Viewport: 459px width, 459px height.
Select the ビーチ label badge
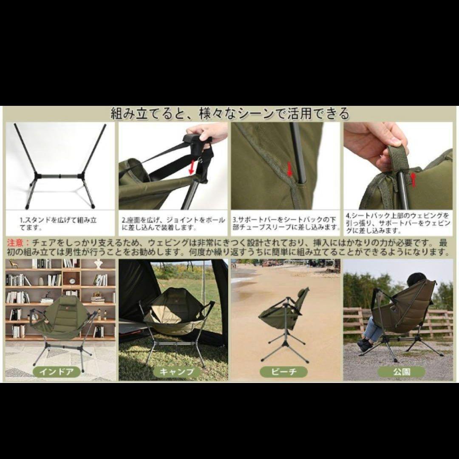[284, 372]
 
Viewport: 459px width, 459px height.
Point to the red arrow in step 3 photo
[290, 169]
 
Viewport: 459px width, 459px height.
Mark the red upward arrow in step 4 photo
[413, 179]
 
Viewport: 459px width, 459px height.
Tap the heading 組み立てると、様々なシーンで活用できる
[230, 113]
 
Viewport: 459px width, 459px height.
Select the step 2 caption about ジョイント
[173, 224]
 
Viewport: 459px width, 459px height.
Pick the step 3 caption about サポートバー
[286, 224]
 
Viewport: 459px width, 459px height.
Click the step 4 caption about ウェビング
[398, 224]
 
